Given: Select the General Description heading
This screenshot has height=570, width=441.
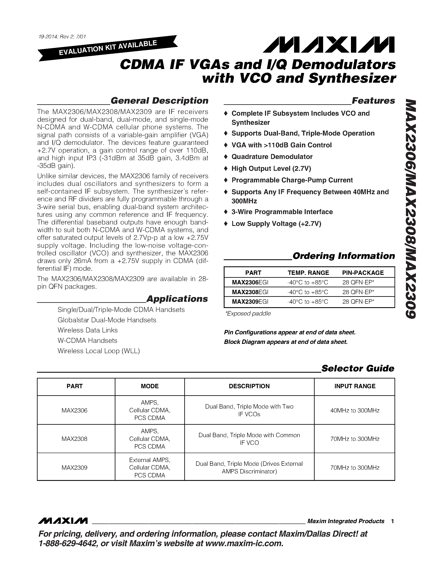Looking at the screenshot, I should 159,101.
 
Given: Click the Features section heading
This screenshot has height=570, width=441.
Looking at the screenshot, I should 373,101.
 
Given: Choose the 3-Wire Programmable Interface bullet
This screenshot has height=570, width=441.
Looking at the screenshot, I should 282,212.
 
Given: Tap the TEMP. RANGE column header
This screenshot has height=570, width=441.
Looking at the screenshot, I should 308,273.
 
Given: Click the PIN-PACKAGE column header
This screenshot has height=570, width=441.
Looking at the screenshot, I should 363,273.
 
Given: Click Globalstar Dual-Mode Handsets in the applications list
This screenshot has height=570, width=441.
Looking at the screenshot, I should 107,320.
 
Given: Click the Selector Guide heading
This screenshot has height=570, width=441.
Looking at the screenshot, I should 358,368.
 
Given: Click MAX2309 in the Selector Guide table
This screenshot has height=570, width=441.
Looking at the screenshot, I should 75,467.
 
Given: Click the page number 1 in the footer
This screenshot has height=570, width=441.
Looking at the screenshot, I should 392,521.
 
